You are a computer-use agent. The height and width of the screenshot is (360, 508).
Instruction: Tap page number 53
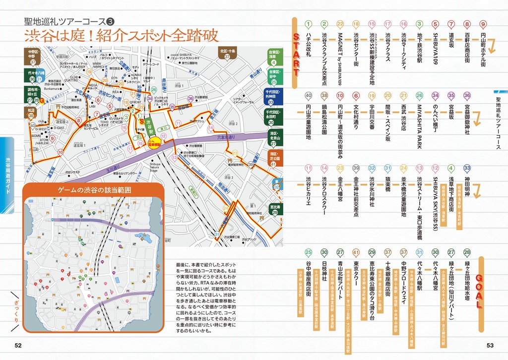[x=489, y=346]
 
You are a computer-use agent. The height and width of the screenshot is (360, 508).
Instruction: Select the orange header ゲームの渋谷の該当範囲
[x=93, y=190]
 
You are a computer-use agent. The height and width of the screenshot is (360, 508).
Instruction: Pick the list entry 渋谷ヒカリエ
[x=308, y=191]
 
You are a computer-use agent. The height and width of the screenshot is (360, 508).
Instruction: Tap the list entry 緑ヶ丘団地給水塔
[x=467, y=282]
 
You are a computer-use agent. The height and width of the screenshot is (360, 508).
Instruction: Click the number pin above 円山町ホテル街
[x=483, y=24]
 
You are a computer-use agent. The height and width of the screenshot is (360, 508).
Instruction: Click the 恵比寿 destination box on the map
[x=274, y=207]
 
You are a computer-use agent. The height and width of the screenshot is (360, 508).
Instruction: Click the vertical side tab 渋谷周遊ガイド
[x=8, y=173]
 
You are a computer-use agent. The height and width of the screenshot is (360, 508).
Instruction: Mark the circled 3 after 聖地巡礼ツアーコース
[x=111, y=21]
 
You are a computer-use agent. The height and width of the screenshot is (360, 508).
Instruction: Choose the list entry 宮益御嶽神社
[x=467, y=121]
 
